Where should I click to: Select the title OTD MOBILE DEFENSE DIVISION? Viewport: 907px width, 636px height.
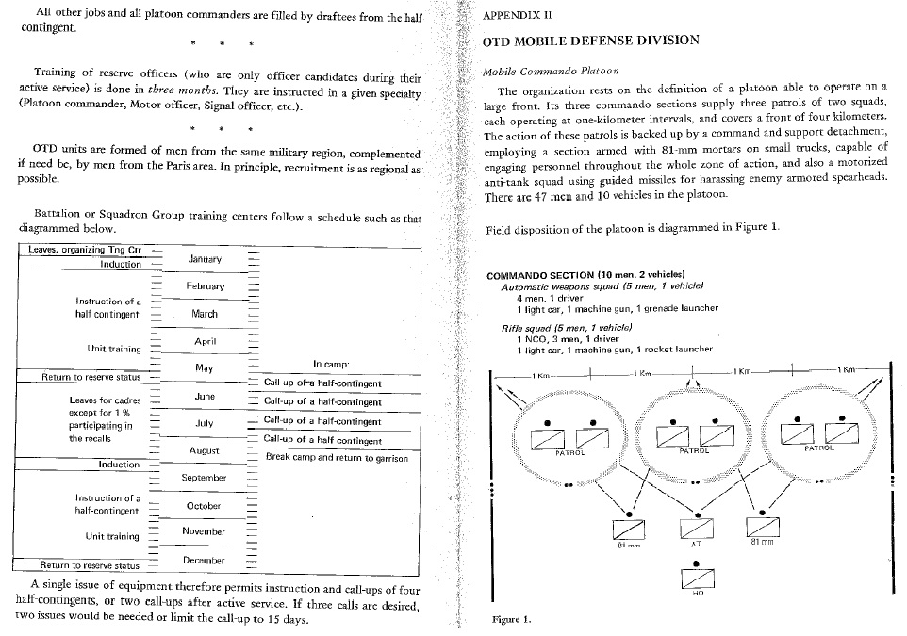[590, 41]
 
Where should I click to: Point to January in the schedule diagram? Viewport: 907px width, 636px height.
[205, 258]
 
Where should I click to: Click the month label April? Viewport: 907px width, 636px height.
[206, 340]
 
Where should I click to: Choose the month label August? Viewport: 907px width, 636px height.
[204, 451]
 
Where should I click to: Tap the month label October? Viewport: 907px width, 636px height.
[204, 506]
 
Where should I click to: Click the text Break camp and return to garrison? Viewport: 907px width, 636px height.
[337, 458]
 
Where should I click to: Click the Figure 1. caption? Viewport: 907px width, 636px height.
[512, 620]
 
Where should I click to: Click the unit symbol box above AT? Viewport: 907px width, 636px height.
[695, 530]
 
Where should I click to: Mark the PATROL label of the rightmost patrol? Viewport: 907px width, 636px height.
[818, 448]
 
